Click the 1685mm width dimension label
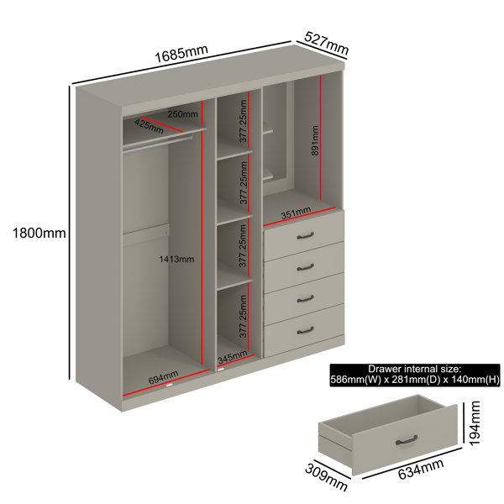point(181,54)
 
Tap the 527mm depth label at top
point(326,43)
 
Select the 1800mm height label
point(39,233)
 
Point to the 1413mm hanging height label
point(176,259)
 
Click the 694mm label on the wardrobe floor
point(163,377)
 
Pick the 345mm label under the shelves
point(233,357)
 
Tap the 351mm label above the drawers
point(296,213)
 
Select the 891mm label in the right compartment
point(315,141)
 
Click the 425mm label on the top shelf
point(149,126)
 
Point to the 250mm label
point(183,114)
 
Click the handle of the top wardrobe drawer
point(305,236)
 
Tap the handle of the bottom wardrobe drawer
point(305,330)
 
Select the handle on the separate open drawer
point(407,440)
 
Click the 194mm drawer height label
point(475,423)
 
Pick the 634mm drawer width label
point(421,469)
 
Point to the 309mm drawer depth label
point(326,477)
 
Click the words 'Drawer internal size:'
point(415,369)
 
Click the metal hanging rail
point(158,144)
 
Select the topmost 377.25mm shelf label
point(243,121)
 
